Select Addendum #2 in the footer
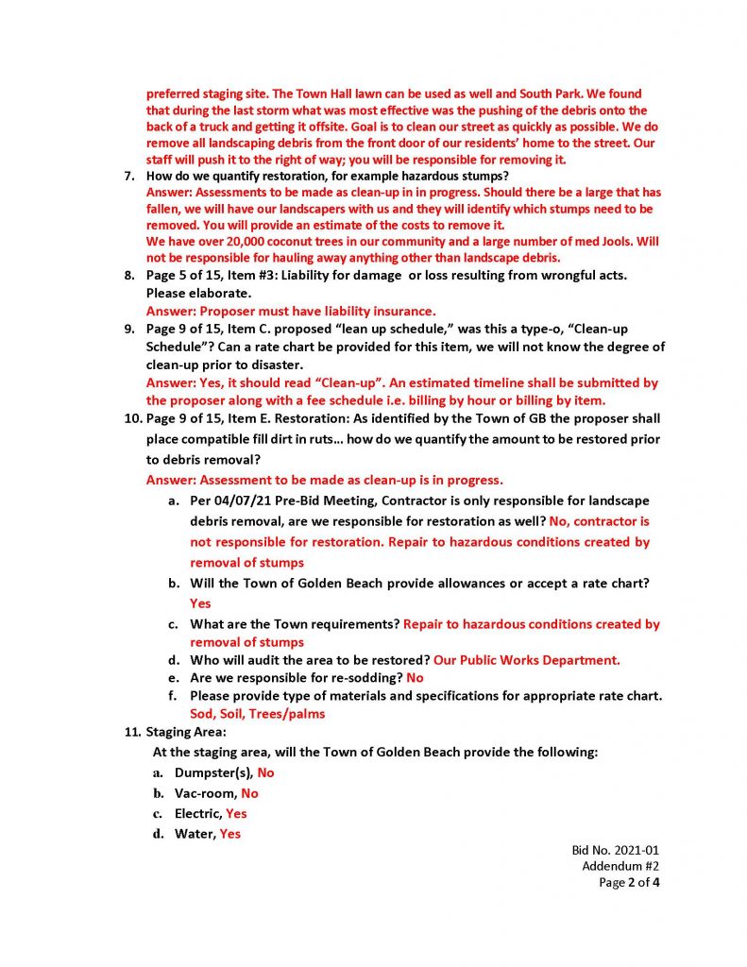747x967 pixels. pos(620,867)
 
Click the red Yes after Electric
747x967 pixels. pos(236,813)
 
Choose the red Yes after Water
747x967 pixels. pos(229,834)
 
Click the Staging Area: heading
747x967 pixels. pos(185,732)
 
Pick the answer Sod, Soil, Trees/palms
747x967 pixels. pos(257,714)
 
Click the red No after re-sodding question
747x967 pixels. pos(415,678)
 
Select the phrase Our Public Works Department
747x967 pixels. pos(527,660)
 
